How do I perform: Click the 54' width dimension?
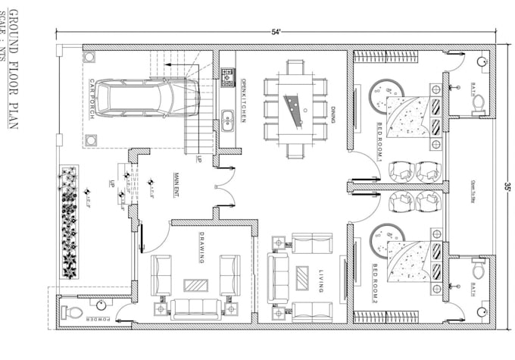point(276,32)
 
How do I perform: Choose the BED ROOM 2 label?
point(376,281)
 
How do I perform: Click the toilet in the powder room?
point(70,311)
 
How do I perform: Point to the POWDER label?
point(102,320)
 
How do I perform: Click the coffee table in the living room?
point(302,277)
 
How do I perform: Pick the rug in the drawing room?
point(196,286)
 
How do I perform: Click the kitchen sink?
point(226,117)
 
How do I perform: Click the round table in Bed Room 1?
point(384,95)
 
